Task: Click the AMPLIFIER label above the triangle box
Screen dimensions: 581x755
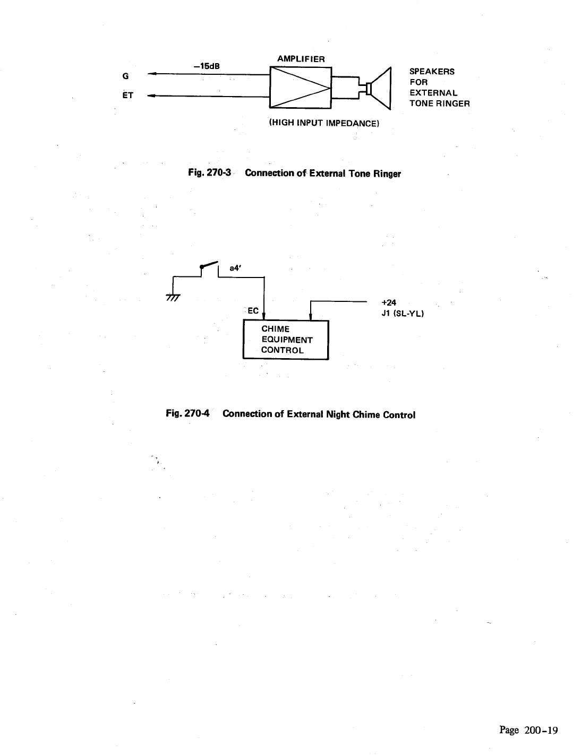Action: [x=301, y=59]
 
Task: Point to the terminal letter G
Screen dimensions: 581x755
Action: [x=125, y=76]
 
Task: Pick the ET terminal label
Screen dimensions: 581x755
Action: [x=127, y=96]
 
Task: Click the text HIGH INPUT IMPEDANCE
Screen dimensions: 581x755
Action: [x=323, y=123]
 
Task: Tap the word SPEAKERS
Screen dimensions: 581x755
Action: [x=431, y=72]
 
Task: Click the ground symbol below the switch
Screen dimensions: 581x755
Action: [x=173, y=298]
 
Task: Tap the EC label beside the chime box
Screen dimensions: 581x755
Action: [x=253, y=311]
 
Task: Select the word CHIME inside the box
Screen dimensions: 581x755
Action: [x=275, y=329]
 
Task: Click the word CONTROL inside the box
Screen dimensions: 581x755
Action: [x=282, y=350]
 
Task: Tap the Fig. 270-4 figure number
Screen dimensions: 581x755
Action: [x=189, y=414]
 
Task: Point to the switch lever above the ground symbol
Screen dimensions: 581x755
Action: [x=209, y=265]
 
